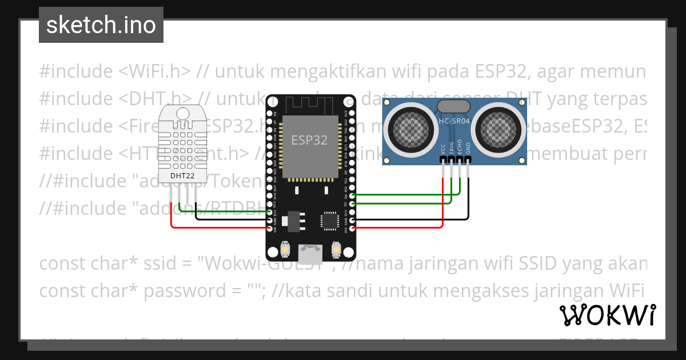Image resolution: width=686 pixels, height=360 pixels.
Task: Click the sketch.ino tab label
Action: (101, 25)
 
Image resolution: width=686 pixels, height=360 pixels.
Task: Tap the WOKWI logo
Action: (607, 315)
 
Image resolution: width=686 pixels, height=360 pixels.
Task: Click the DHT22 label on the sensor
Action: (181, 175)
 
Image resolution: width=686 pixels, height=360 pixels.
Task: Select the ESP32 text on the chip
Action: (309, 140)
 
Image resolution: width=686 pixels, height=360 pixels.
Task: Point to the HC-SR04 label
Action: (454, 121)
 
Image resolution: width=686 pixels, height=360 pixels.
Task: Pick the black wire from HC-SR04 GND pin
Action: (469, 200)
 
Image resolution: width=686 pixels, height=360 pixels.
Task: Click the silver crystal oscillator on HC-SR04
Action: (454, 106)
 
